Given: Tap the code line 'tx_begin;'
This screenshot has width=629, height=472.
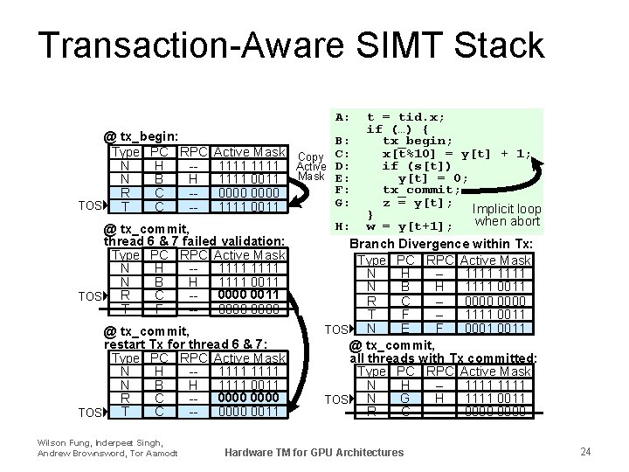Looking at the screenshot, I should (418, 141).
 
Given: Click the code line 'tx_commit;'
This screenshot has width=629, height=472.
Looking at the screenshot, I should (422, 190).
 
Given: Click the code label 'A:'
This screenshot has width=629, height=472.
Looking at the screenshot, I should (342, 116).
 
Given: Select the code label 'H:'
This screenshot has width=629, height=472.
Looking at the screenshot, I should (342, 226).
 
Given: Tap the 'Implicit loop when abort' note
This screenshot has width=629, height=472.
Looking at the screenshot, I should (508, 215).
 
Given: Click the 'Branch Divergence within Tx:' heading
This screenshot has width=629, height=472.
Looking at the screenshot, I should (441, 244).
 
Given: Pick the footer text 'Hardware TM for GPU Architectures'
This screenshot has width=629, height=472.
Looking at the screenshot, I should (314, 452).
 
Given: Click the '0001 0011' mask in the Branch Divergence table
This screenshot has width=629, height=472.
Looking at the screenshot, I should (495, 328).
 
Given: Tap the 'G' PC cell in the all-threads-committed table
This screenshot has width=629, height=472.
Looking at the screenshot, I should (405, 399).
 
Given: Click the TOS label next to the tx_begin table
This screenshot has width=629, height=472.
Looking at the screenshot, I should (88, 206).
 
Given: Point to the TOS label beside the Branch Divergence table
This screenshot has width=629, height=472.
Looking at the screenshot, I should (338, 329).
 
